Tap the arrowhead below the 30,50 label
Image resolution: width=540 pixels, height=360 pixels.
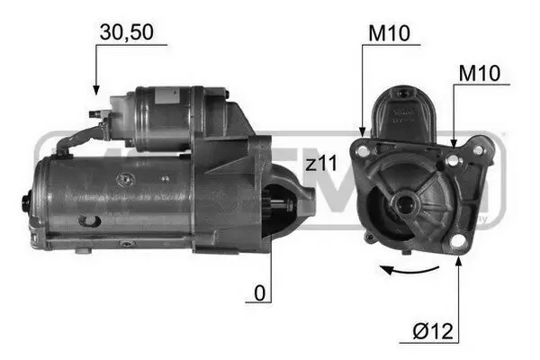[94, 90]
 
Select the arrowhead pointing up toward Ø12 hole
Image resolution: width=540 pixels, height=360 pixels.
[461, 260]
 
